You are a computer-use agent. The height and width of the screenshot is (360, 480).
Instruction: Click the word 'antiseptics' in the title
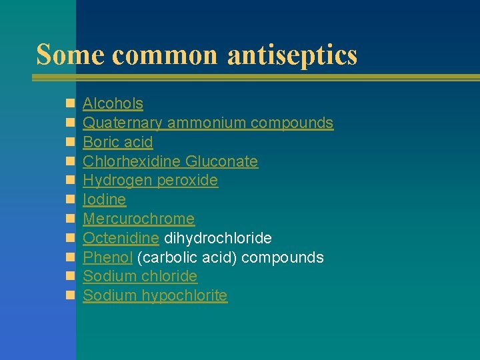pos(292,55)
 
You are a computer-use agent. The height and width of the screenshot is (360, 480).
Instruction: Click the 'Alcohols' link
pos(113,103)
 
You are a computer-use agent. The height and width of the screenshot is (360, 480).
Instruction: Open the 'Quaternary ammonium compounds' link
pos(207,123)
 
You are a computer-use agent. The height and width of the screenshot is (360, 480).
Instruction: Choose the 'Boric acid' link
pos(117,142)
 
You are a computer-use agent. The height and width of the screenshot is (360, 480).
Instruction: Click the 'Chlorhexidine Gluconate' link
pos(170,161)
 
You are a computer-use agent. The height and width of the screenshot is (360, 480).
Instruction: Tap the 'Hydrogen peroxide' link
pos(150,181)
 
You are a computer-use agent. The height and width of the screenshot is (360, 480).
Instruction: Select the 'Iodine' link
pos(104,199)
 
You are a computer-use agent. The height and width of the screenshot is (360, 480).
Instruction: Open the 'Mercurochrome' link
pos(139,219)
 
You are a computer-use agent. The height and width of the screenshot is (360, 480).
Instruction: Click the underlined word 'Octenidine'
pos(121,238)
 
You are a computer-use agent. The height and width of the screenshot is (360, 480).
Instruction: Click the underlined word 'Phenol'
pos(107,257)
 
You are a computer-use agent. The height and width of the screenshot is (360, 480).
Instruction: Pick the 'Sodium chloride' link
pos(140,276)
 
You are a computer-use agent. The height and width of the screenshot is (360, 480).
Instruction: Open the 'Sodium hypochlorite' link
pos(155,295)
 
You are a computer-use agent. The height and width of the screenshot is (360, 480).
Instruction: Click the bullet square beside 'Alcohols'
pos(69,104)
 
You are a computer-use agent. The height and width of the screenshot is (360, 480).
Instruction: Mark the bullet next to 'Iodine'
pos(69,200)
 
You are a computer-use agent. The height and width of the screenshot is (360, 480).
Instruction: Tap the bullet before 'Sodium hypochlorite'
pos(69,296)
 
